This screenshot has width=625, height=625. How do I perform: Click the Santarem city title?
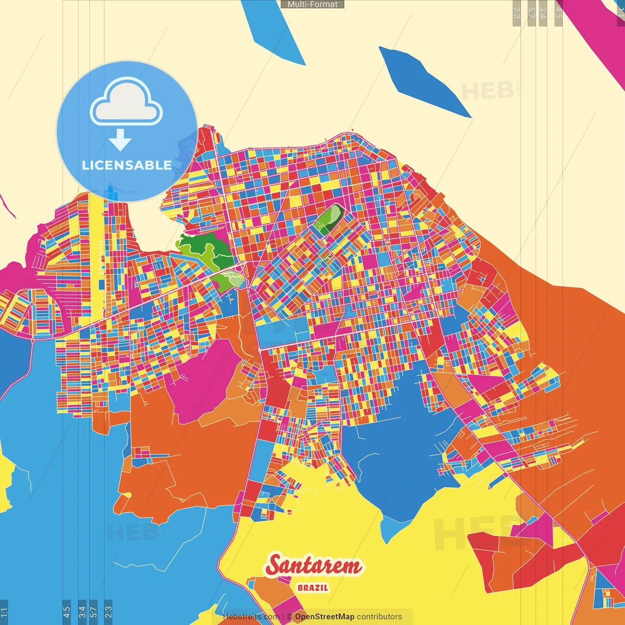(x=314, y=565)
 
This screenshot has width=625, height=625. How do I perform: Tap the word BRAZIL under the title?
(x=313, y=588)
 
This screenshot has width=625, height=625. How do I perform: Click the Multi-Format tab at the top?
(x=312, y=4)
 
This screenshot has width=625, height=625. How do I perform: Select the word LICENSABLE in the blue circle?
(x=127, y=165)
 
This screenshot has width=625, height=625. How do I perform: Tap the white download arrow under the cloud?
(x=120, y=140)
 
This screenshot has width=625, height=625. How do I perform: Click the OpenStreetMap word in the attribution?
(x=324, y=617)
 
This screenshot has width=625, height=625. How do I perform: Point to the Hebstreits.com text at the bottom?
(x=251, y=617)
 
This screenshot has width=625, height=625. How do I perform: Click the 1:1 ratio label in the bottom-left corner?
(x=4, y=612)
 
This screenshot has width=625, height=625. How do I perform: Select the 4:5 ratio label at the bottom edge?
(x=67, y=612)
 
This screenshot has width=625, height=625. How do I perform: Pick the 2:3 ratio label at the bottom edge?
(x=108, y=612)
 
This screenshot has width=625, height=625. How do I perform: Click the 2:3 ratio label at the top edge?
(x=517, y=13)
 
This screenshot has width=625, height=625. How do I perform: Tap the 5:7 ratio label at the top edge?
(x=531, y=13)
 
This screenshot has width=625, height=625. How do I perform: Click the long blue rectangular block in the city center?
(x=283, y=333)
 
